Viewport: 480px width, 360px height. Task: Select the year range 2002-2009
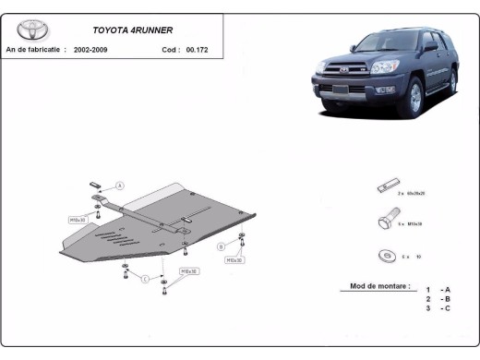point(90,49)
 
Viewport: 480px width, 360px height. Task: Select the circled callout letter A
point(119,185)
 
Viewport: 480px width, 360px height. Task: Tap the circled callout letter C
point(145,279)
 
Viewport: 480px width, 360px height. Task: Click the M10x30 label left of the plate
point(78,220)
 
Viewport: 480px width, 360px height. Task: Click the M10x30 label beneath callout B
point(234,260)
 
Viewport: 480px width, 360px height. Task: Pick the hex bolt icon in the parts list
point(384,222)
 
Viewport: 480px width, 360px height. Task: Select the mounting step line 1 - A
point(439,290)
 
